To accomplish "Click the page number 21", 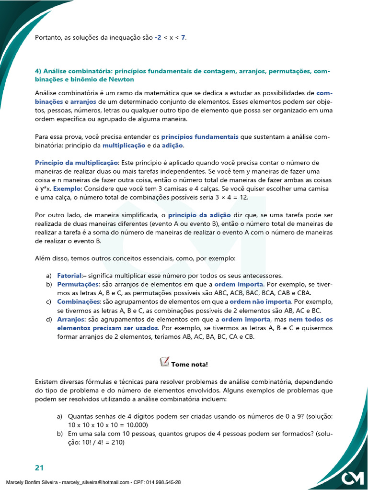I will (x=39, y=467).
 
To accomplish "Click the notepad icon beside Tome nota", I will (x=163, y=362).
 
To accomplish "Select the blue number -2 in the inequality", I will (x=158, y=37).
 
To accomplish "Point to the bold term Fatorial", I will (x=69, y=276).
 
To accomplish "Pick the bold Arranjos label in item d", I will (x=71, y=319).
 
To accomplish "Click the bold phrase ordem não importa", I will (x=260, y=302).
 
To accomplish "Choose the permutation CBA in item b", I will (x=303, y=293).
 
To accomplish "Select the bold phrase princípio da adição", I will (x=199, y=215).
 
